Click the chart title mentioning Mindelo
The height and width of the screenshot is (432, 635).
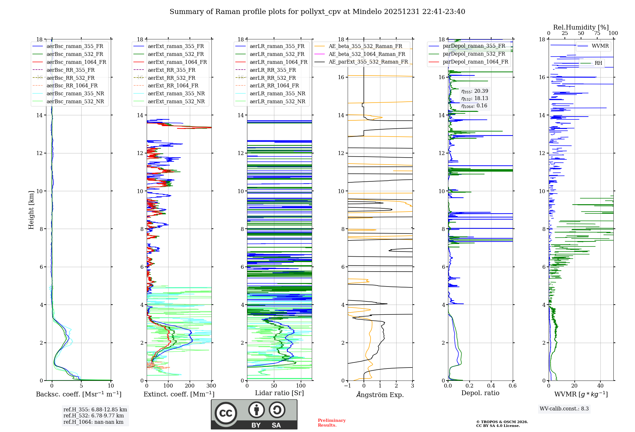click(317, 12)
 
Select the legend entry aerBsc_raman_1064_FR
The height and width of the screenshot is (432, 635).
click(76, 62)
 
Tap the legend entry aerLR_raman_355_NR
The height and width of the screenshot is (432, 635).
click(277, 93)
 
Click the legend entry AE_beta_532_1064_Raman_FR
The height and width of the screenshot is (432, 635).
click(367, 54)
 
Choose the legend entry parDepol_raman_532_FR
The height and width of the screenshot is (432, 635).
click(474, 54)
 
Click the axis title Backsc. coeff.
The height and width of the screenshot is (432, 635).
click(78, 394)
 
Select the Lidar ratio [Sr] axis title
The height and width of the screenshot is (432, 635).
click(279, 393)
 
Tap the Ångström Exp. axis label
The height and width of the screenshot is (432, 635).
click(380, 395)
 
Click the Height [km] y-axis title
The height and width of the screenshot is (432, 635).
click(31, 210)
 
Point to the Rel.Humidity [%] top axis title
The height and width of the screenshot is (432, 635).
click(581, 27)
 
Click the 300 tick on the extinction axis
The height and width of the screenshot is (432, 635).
click(211, 386)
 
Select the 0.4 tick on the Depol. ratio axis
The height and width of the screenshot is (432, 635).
click(491, 386)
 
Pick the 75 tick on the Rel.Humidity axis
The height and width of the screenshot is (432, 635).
click(597, 33)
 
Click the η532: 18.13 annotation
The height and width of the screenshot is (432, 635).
click(475, 98)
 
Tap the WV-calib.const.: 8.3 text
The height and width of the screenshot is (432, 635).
click(564, 409)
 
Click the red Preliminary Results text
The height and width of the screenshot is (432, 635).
click(331, 423)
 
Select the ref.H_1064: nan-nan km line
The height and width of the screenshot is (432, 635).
click(93, 422)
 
